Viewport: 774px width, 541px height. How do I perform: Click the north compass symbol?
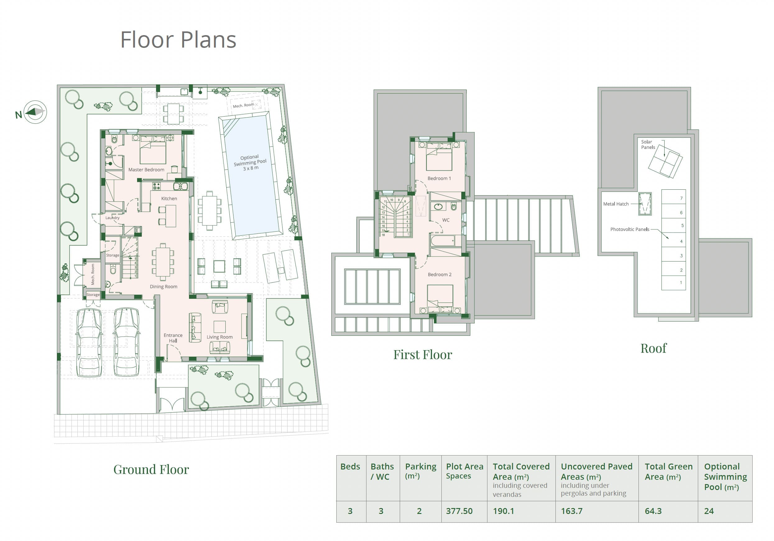(x=35, y=112)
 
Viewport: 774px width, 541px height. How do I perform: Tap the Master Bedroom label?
(x=146, y=170)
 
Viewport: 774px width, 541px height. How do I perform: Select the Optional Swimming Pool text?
(x=250, y=163)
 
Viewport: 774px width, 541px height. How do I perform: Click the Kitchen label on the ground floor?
(x=169, y=199)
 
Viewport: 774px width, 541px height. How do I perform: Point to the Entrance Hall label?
(x=173, y=338)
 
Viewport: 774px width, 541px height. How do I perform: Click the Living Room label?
(x=219, y=337)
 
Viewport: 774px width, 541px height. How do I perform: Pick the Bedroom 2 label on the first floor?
(x=440, y=275)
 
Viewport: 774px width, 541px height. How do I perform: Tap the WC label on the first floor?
(x=446, y=220)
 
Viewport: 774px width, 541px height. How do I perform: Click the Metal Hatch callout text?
(x=616, y=204)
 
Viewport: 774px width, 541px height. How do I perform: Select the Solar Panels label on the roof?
(x=648, y=145)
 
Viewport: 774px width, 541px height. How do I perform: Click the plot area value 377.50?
(x=459, y=511)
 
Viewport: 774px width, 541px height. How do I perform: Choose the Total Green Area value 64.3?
(x=653, y=511)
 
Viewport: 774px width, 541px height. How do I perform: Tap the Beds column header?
(x=350, y=466)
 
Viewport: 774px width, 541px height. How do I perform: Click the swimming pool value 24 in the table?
(x=709, y=511)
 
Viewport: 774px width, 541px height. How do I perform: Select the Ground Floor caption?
(x=151, y=469)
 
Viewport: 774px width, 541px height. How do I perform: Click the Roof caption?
(x=653, y=348)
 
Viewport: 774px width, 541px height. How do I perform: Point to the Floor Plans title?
(x=178, y=40)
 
